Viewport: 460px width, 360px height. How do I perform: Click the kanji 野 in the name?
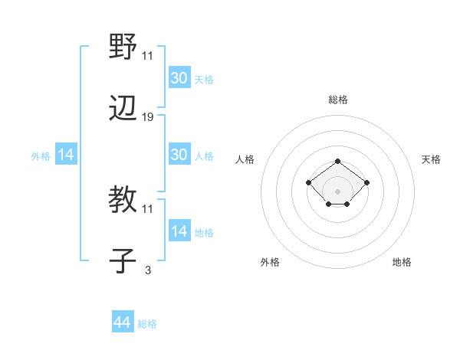coord(123,48)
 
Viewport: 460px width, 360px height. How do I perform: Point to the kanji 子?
coord(123,260)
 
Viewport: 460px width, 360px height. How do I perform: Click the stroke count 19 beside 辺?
coord(148,116)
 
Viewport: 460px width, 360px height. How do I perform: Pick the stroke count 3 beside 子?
coord(148,269)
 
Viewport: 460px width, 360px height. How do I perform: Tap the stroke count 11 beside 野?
coord(148,56)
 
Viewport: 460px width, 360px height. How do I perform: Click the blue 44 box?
coord(122,323)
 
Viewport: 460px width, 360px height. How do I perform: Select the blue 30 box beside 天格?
coord(179,77)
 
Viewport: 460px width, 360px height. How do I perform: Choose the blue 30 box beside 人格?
coord(179,155)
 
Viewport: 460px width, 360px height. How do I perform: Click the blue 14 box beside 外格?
coord(66,155)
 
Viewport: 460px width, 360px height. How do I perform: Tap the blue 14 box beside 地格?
coord(179,231)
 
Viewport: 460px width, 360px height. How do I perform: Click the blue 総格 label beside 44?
coord(147,324)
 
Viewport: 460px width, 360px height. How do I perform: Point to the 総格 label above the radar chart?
coord(338,100)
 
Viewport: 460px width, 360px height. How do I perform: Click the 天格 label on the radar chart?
coord(431,159)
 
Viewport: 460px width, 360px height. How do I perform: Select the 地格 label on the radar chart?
coord(402,262)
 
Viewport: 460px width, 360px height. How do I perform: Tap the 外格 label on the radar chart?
coord(270,262)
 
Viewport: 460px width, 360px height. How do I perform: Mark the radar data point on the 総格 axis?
coord(338,161)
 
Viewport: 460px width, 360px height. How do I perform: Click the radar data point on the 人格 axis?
coord(308,182)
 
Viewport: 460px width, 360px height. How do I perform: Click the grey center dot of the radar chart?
coord(338,191)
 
